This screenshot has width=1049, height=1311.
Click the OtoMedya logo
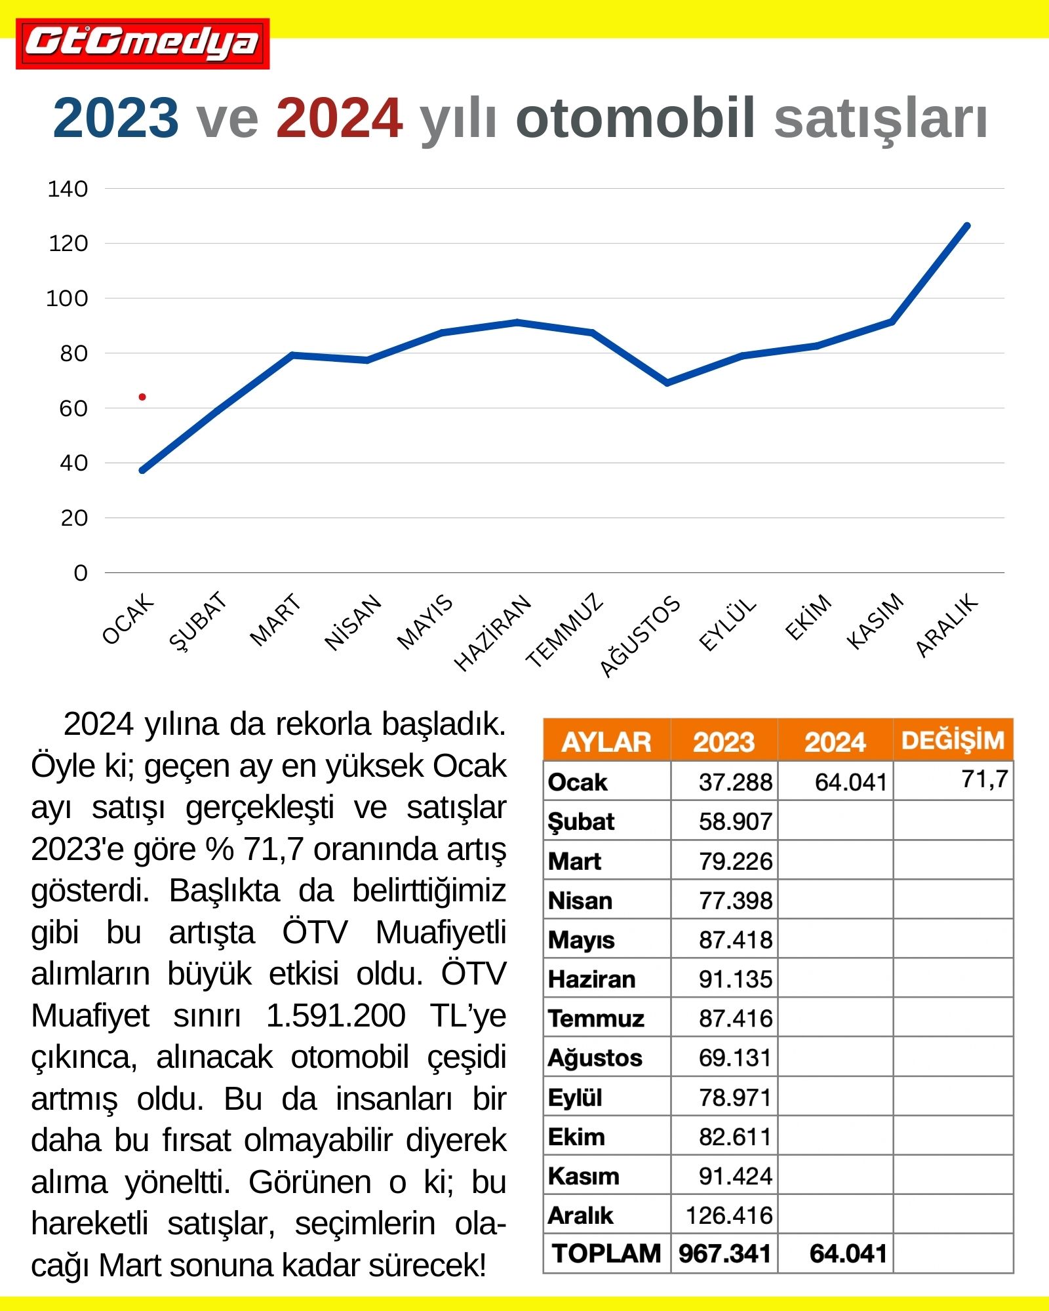coord(143,44)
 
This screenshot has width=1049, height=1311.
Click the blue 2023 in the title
coord(115,118)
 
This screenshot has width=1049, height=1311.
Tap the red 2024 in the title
coord(339,118)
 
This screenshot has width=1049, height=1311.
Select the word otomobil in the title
coord(635,118)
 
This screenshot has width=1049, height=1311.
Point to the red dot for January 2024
coord(142,397)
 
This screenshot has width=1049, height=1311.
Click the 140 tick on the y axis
coord(68,189)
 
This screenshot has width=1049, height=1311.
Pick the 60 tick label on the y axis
coord(73,408)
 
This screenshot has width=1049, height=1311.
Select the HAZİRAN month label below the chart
coord(493,632)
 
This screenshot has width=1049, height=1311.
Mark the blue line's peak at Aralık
coord(967,226)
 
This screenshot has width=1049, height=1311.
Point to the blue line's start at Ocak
coord(142,470)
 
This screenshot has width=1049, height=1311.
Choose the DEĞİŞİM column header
coord(953,740)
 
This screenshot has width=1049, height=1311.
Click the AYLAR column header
coord(606,741)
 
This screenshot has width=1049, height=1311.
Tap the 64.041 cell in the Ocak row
coord(850,782)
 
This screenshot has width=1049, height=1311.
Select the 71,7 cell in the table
coord(984,779)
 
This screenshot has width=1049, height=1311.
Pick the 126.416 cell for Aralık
coord(729,1215)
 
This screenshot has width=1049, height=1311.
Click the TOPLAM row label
coord(606,1253)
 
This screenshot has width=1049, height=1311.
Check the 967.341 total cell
coord(724,1253)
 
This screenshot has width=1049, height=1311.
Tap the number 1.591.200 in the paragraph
coord(336,1016)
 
